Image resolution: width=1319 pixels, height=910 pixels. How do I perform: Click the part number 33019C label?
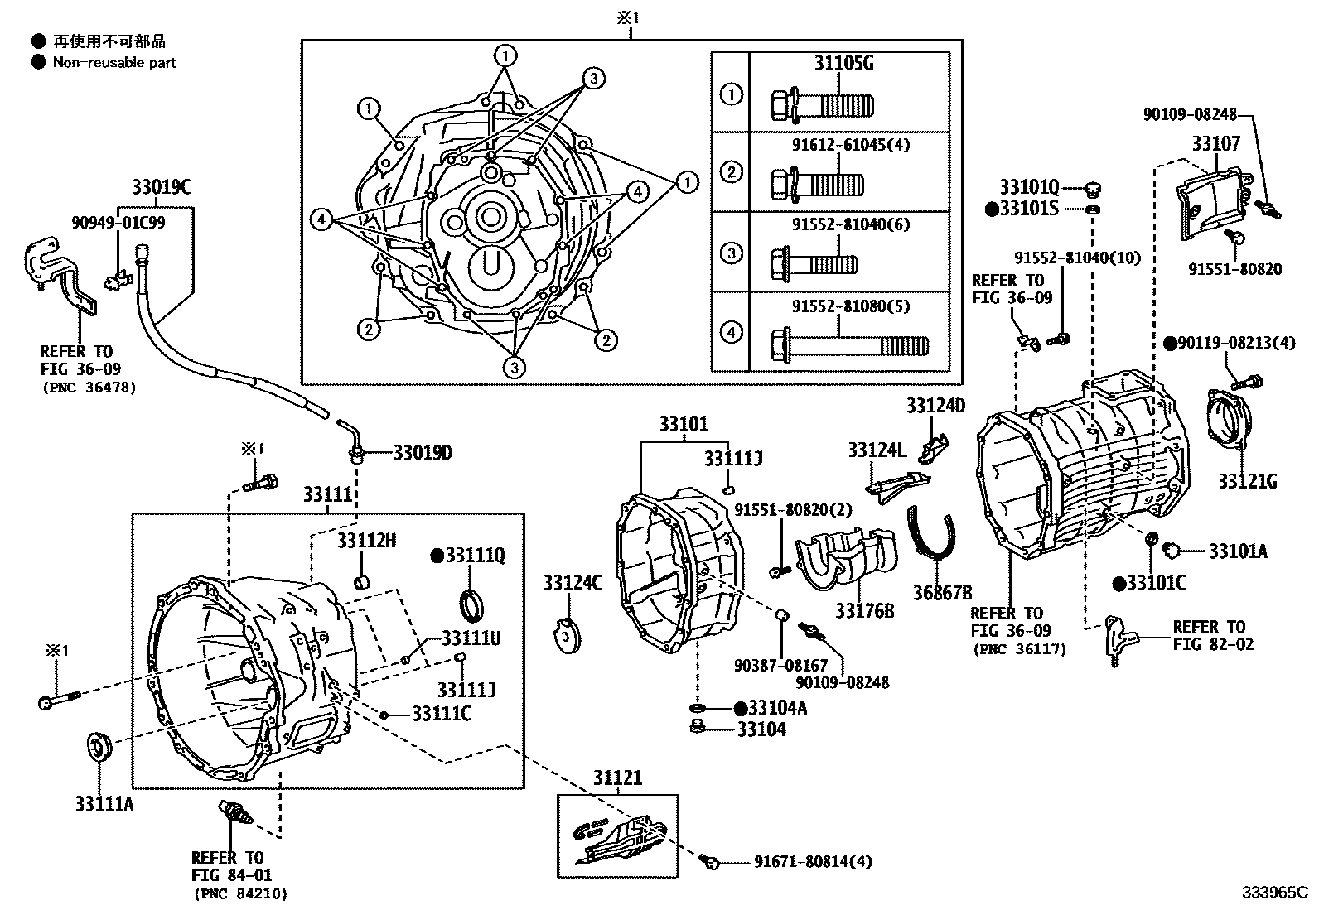click(x=162, y=188)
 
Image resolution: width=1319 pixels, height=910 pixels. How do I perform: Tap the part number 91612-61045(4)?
click(x=850, y=145)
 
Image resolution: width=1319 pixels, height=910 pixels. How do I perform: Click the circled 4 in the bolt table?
click(x=731, y=332)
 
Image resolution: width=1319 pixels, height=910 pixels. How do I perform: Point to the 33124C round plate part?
click(x=567, y=635)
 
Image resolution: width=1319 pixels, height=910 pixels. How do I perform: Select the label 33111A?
click(x=104, y=803)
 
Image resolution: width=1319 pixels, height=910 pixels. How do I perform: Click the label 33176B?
click(x=864, y=611)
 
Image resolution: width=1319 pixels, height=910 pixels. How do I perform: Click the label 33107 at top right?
click(x=1216, y=144)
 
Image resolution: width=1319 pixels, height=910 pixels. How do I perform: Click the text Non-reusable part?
click(x=114, y=62)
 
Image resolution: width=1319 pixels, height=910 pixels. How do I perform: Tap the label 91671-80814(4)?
click(x=812, y=862)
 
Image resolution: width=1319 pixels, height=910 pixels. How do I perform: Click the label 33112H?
click(x=366, y=541)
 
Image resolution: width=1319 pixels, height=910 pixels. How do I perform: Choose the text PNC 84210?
click(x=240, y=893)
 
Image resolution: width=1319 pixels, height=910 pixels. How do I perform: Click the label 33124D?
click(x=935, y=405)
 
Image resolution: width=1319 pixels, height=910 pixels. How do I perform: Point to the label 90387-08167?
click(x=780, y=665)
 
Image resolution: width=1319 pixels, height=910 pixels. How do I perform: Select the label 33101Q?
click(x=1028, y=186)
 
